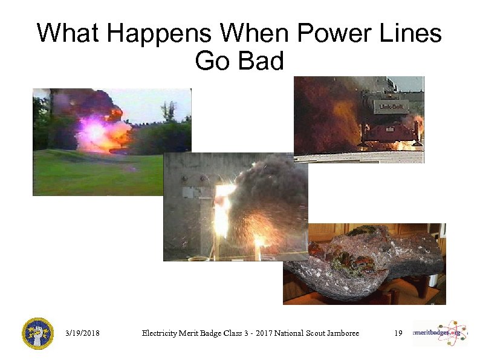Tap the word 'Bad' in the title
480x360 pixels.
click(x=261, y=61)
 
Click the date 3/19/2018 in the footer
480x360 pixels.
click(x=82, y=333)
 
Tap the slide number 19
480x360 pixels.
click(x=398, y=333)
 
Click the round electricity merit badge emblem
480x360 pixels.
click(x=37, y=333)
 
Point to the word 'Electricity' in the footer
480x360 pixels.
click(x=160, y=333)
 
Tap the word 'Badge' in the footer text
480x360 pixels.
click(x=210, y=333)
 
